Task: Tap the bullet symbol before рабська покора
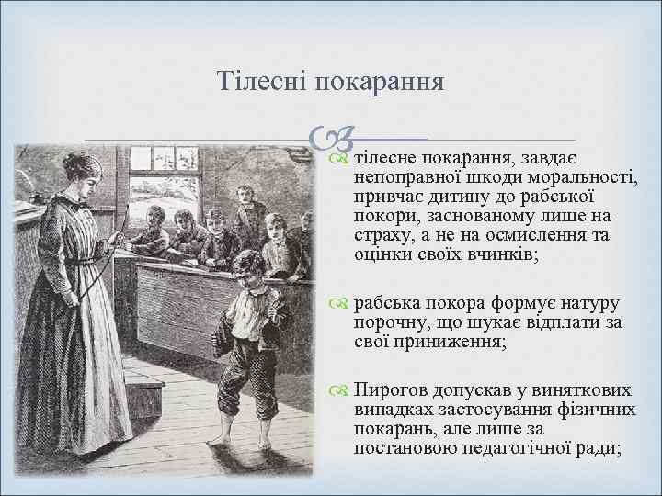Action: point(341,303)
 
